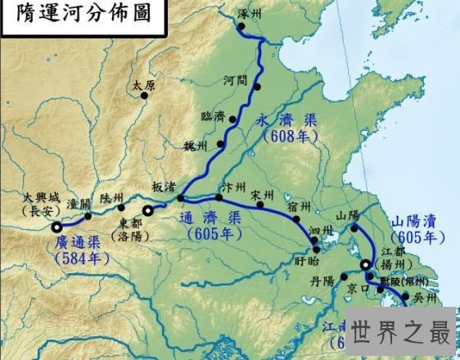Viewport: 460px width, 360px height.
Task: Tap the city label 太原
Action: tap(142, 83)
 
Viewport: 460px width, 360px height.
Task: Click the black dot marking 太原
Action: tap(145, 96)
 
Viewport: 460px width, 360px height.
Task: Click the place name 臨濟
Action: tap(212, 116)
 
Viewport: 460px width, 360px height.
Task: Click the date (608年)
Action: tap(290, 136)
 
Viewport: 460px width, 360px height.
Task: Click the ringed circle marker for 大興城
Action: tap(56, 228)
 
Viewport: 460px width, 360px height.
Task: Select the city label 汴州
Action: tap(232, 187)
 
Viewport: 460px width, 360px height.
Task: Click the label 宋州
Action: tap(263, 196)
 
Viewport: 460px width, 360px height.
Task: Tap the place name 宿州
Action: tap(300, 206)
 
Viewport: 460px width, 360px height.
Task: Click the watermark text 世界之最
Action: tap(401, 334)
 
